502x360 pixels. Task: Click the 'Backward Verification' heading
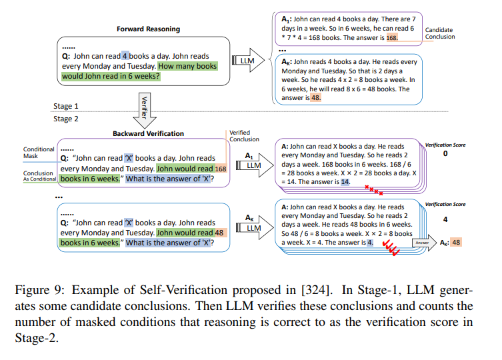coord(148,133)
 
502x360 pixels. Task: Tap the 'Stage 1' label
coord(67,106)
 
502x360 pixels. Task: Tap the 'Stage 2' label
coord(67,119)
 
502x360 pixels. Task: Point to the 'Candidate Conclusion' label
coord(440,33)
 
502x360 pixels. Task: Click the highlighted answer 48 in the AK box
coord(316,97)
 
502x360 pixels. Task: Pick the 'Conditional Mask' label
coord(39,153)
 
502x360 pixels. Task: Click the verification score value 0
coord(445,154)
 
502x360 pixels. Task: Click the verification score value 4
coord(445,219)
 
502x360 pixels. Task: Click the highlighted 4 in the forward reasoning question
coord(125,57)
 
